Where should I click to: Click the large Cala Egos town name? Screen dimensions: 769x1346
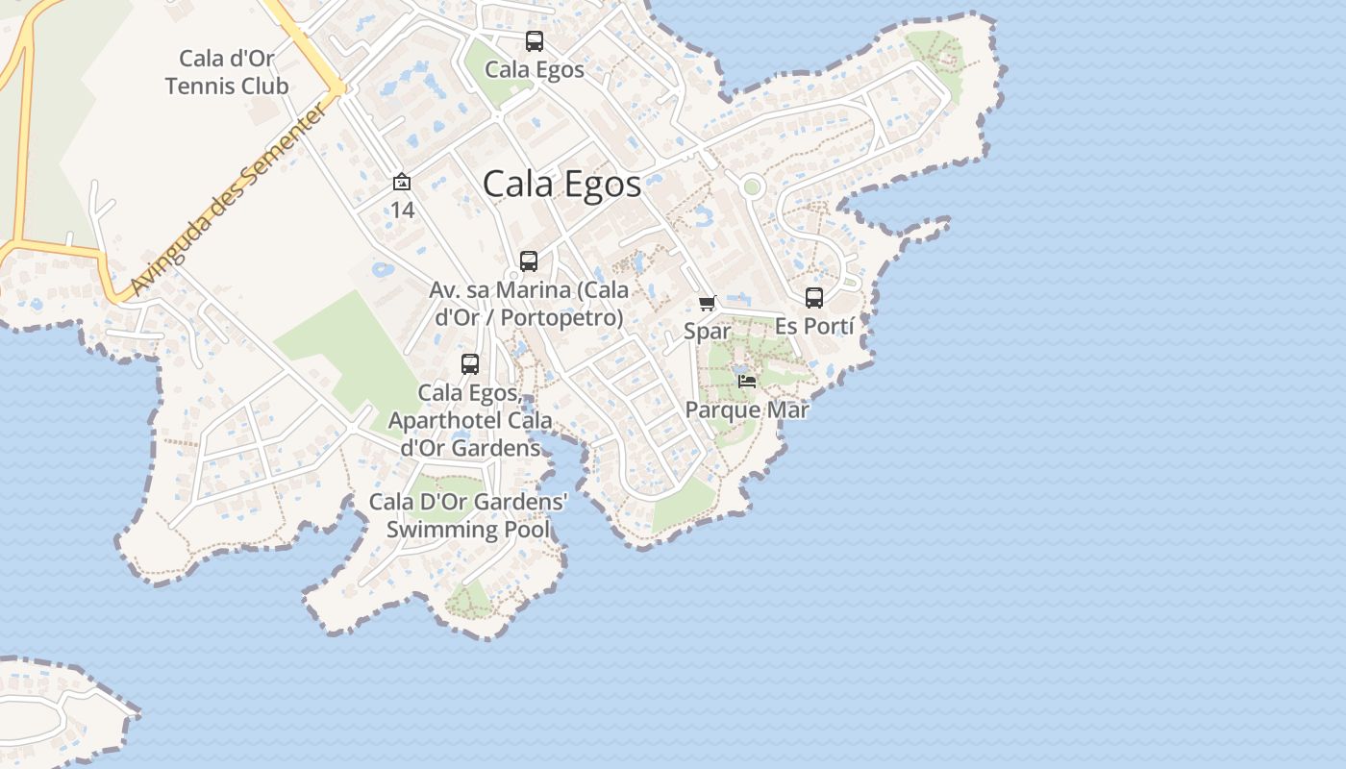pyautogui.click(x=561, y=184)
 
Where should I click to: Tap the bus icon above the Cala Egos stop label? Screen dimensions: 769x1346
pyautogui.click(x=534, y=41)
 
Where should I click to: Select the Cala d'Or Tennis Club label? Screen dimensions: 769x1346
pyautogui.click(x=227, y=73)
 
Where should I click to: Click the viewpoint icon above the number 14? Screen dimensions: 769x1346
pyautogui.click(x=402, y=182)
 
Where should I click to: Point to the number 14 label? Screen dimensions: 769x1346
pyautogui.click(x=402, y=209)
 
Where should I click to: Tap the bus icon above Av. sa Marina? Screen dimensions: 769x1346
pyautogui.click(x=528, y=260)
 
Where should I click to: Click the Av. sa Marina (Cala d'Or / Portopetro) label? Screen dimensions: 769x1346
pyautogui.click(x=529, y=303)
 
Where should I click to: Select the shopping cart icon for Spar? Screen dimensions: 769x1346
pyautogui.click(x=708, y=304)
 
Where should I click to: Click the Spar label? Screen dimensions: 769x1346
pyautogui.click(x=708, y=332)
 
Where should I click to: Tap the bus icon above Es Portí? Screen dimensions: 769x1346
pyautogui.click(x=814, y=298)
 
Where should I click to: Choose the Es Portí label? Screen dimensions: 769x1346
pyautogui.click(x=814, y=326)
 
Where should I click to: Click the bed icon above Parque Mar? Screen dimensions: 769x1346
pyautogui.click(x=747, y=382)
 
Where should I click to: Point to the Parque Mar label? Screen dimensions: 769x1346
pyautogui.click(x=747, y=409)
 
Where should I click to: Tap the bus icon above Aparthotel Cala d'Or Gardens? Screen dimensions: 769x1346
pyautogui.click(x=469, y=364)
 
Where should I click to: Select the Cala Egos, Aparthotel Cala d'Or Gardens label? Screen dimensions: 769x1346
pyautogui.click(x=470, y=420)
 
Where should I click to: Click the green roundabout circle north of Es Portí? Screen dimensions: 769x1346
pyautogui.click(x=752, y=186)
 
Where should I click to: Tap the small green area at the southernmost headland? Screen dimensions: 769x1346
pyautogui.click(x=468, y=601)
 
